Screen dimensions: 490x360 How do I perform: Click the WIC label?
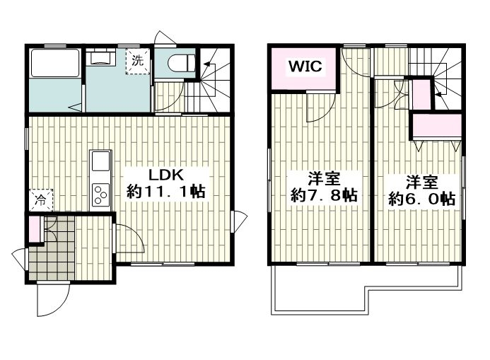(305, 66)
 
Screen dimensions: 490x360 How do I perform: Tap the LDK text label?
(165, 175)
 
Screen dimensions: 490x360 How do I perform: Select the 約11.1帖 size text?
(165, 191)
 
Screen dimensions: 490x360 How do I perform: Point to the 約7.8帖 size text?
(324, 195)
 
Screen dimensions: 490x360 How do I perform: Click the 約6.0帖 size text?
(421, 199)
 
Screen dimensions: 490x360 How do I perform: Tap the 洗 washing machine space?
(138, 62)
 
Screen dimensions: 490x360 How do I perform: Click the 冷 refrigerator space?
(41, 200)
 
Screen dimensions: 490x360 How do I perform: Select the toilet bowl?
(181, 63)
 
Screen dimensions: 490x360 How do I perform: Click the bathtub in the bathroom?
(55, 63)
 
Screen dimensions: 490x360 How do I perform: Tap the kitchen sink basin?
(100, 161)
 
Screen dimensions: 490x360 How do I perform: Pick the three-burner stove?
(100, 194)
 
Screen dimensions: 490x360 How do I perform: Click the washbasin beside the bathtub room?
(100, 58)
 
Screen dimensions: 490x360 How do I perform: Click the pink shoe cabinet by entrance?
(35, 229)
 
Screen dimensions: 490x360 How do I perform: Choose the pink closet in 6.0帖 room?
(437, 126)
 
